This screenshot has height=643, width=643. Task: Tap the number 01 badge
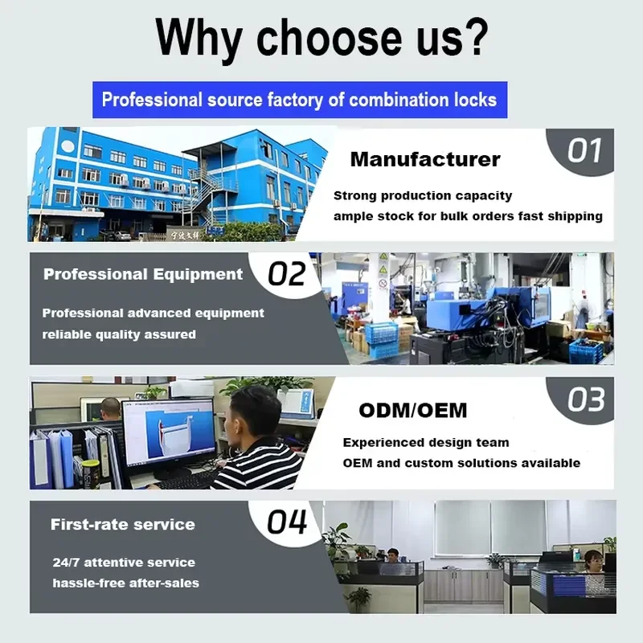(x=584, y=150)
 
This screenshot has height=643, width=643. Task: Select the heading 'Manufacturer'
(x=425, y=159)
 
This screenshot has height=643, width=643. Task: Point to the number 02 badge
(x=287, y=274)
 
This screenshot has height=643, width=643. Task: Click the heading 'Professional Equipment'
(x=143, y=274)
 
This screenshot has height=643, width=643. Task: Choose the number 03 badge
(x=586, y=399)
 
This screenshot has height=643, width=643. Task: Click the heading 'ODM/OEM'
(x=413, y=411)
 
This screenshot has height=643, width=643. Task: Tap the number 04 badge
(x=287, y=522)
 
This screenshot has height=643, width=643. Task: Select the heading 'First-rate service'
(x=123, y=525)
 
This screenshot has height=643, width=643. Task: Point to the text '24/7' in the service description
(x=66, y=562)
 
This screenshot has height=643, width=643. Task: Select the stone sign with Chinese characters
(x=185, y=235)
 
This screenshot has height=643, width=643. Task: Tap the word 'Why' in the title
(x=199, y=39)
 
